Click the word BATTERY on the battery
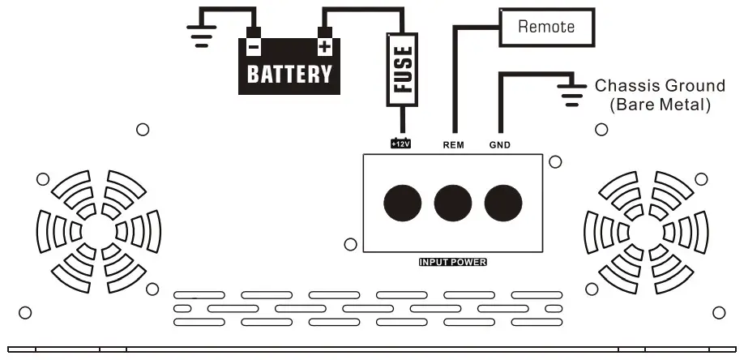coord(289,74)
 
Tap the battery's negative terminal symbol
coord(254,47)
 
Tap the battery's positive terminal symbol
coord(324,47)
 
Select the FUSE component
coord(402,70)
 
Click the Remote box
coord(546,27)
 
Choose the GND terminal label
coord(500,145)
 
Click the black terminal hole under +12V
coord(402,201)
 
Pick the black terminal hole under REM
coord(452,201)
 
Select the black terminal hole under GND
coord(502,201)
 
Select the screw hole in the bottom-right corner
coord(718,313)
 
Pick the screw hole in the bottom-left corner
coord(25,312)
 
